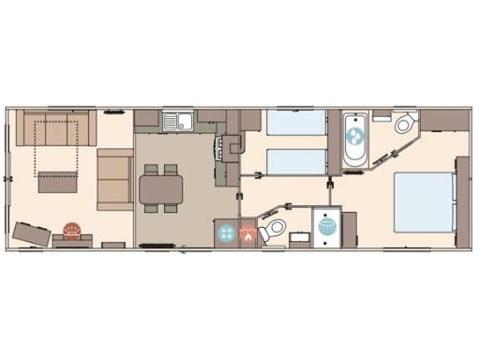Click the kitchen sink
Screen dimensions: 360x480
(175, 120)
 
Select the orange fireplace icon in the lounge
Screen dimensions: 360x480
(71, 230)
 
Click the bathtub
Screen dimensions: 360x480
(355, 141)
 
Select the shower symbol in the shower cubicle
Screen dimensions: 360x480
(327, 227)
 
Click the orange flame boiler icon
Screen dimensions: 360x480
(247, 235)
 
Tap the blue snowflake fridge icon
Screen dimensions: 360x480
(226, 234)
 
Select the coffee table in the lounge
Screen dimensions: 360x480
(58, 177)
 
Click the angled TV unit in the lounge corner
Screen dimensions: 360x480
(33, 233)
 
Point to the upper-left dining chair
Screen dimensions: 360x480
(151, 170)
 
